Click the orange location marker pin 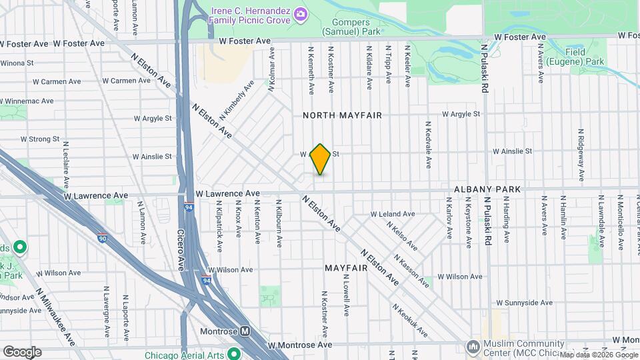tap(321, 159)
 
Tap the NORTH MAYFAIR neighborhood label tap(342, 115)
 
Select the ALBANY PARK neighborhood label tap(487, 189)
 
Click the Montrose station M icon tap(245, 331)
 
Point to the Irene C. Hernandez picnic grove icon tap(301, 13)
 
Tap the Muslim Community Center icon tap(473, 347)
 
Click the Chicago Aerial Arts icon tap(233, 353)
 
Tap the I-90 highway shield tap(101, 237)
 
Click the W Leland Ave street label tap(393, 214)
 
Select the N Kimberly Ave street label tap(237, 100)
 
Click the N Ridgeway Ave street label tap(581, 153)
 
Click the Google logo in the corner tap(21, 351)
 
